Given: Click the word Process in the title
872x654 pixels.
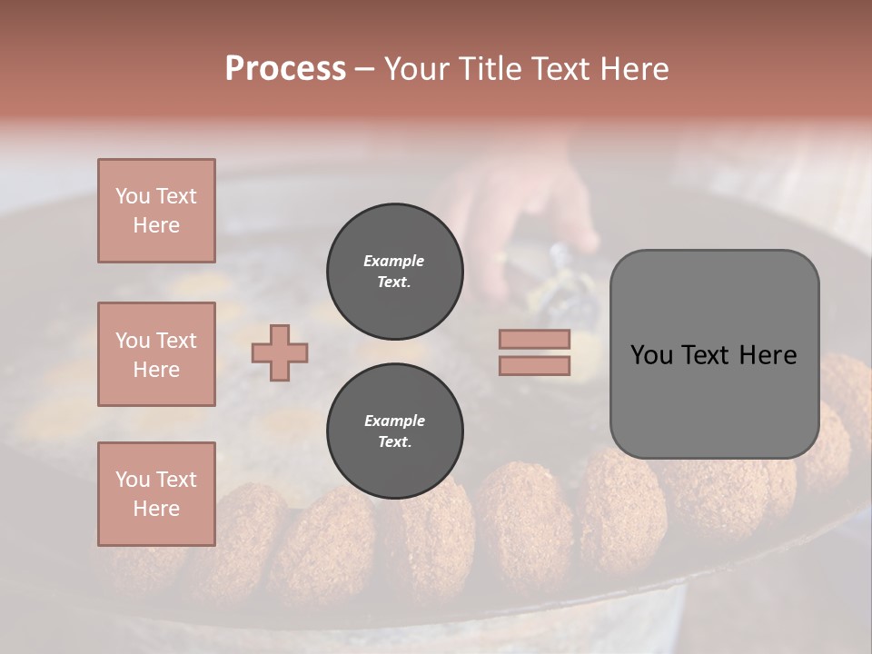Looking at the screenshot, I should coord(285,69).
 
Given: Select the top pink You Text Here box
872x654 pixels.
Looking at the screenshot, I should coord(156,211).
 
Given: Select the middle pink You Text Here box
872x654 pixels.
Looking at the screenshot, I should coord(156,354).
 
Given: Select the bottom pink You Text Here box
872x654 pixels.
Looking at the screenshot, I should coord(156,493).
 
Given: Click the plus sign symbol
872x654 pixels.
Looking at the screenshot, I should coord(280,352).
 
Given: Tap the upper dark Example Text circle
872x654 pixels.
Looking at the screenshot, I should coord(394,272).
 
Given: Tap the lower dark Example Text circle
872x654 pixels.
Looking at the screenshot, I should coord(394,431).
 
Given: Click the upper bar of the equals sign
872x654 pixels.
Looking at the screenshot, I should coord(534,340).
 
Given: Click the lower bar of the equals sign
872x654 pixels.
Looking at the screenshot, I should coord(534,365).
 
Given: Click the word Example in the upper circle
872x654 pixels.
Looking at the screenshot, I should coord(393,261).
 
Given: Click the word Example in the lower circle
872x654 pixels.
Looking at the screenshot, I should coord(393,421).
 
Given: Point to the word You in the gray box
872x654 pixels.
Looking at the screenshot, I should coord(651,355).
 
